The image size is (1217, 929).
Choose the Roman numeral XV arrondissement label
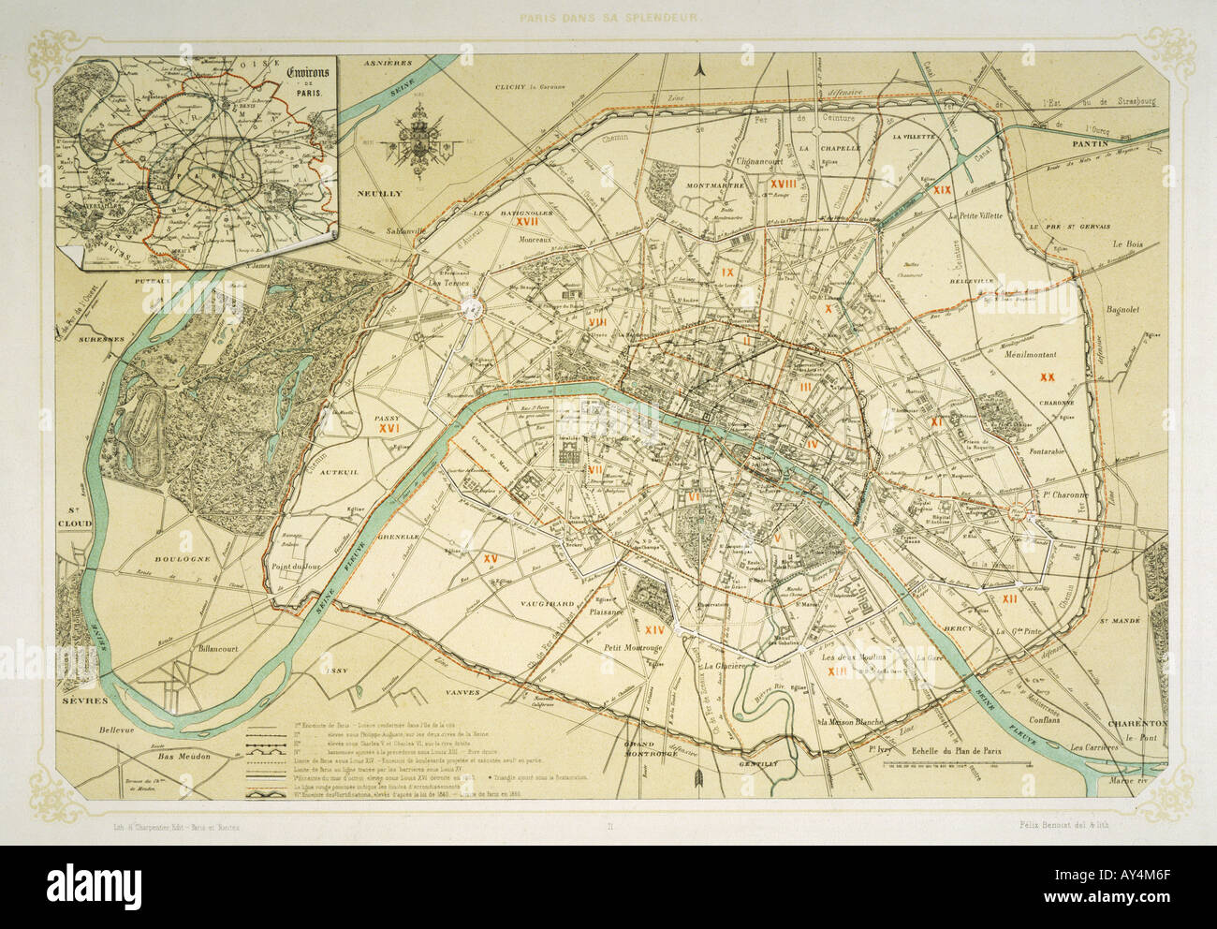coord(489,558)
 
